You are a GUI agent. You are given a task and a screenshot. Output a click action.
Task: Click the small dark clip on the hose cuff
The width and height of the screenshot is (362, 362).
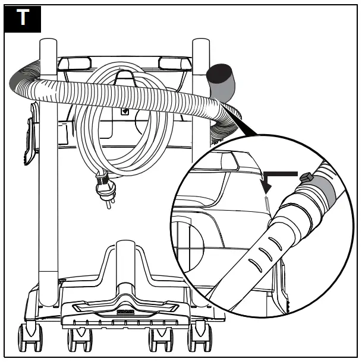click(307, 177)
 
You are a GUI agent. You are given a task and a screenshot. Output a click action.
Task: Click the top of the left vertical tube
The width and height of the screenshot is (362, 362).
click(48, 46)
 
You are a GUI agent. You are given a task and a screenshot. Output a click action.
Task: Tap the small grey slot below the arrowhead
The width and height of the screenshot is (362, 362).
click(268, 202)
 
